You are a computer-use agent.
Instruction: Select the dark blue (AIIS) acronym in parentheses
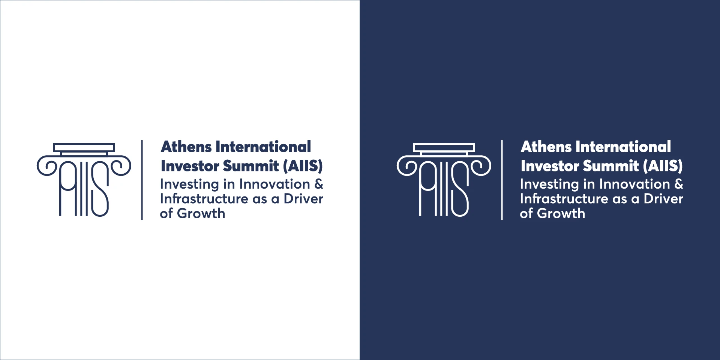coord(303,166)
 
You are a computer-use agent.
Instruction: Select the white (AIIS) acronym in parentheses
coord(663,166)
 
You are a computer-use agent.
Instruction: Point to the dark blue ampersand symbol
coord(319,184)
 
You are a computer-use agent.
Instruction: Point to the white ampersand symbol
coord(679,184)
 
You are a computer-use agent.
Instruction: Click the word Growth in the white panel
coord(201,213)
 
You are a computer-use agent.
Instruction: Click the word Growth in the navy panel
coord(561,213)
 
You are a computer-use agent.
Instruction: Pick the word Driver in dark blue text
coord(303,199)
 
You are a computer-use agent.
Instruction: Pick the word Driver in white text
coord(663,199)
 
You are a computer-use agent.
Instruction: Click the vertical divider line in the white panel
coord(142,180)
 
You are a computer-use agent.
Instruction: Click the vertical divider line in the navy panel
coord(502,180)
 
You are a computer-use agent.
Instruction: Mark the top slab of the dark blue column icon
coord(84,148)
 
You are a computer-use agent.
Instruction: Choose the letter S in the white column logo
coord(460,189)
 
